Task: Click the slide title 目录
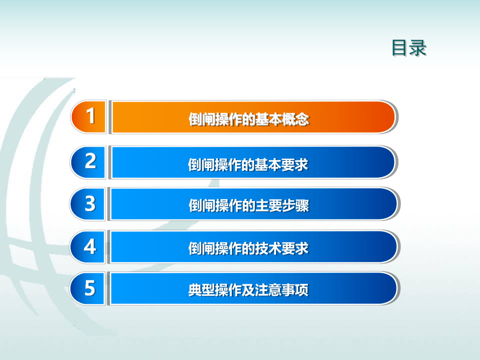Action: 409,48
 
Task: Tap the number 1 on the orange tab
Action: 90,116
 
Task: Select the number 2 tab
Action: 88,162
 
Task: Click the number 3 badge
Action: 88,204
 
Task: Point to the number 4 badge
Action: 88,247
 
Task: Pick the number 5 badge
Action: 88,288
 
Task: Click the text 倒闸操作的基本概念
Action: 249,119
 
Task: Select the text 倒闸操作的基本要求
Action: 248,165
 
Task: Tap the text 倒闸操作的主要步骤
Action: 249,205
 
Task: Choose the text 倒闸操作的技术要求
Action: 248,248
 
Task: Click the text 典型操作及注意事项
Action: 248,290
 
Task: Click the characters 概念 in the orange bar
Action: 296,119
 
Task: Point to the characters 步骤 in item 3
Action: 296,205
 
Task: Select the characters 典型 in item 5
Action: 201,290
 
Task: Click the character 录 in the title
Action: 418,48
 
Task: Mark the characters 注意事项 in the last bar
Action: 282,290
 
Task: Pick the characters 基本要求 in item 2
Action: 282,165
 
